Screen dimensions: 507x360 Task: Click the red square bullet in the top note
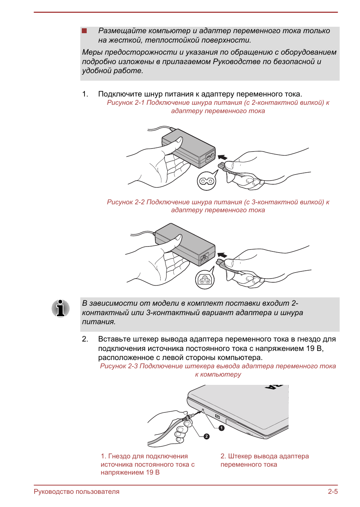[x=84, y=31]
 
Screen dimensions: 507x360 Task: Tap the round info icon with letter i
[x=60, y=308]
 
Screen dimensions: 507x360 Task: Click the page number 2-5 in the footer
[x=332, y=492]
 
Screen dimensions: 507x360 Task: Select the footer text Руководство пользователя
[x=77, y=492]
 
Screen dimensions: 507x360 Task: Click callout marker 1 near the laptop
[x=222, y=428]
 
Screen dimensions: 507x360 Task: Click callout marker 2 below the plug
[x=206, y=436]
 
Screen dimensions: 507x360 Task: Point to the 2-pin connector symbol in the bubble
[x=207, y=181]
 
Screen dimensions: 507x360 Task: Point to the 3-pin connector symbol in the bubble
[x=205, y=280]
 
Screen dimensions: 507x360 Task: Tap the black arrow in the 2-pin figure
[x=223, y=158]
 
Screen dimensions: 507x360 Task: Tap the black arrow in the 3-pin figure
[x=222, y=256]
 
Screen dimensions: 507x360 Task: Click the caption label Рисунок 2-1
[x=126, y=103]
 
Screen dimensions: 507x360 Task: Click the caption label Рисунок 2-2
[x=126, y=202]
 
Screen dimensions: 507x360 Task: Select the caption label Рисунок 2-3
[x=119, y=366]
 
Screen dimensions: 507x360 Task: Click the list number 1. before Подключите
[x=85, y=94]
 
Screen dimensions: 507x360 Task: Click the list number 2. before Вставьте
[x=85, y=339]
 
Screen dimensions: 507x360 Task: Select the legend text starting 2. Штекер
[x=264, y=460]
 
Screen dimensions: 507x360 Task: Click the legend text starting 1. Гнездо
[x=147, y=464]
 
